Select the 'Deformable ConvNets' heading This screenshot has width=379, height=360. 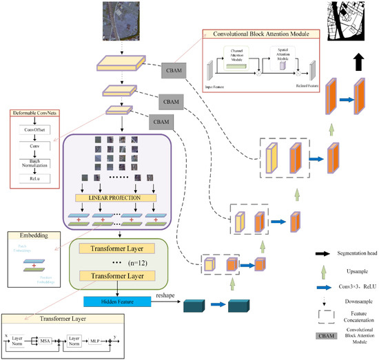pos(34,112)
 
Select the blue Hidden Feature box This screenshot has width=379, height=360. pos(121,301)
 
